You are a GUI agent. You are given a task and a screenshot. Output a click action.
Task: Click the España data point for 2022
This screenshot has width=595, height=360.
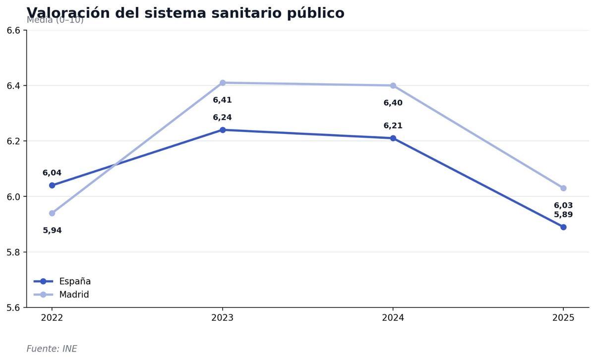click(52, 185)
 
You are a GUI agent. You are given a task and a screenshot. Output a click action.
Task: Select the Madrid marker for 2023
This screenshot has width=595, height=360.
click(223, 83)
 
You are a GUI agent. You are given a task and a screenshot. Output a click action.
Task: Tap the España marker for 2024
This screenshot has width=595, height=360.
click(393, 138)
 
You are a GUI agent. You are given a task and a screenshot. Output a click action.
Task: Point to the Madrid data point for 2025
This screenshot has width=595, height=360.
click(563, 188)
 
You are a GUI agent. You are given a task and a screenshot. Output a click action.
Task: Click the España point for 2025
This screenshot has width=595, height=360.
click(563, 227)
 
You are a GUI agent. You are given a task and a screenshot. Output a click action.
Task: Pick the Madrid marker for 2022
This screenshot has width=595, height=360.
click(52, 213)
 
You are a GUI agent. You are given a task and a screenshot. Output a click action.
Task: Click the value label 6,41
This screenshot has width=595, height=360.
click(222, 100)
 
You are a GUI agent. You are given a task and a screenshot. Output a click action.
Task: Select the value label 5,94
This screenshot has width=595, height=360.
click(52, 231)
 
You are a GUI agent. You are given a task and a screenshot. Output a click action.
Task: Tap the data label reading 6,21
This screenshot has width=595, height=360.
click(393, 126)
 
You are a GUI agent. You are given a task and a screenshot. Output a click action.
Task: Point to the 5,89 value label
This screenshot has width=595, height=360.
click(563, 215)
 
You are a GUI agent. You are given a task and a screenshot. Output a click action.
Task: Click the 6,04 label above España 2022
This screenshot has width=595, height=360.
click(52, 173)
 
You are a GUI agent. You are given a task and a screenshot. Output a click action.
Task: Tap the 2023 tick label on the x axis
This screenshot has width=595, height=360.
click(223, 318)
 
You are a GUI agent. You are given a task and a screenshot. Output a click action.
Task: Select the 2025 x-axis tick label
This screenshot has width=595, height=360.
click(563, 318)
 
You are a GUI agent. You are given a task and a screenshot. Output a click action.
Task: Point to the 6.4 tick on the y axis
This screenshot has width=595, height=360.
click(13, 86)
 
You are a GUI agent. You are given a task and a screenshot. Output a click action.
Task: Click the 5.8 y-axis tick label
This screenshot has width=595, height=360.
click(13, 252)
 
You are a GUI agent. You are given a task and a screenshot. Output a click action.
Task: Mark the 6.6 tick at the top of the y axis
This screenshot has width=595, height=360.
click(13, 31)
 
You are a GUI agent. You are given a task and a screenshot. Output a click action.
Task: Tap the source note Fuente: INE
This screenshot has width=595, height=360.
click(52, 349)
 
